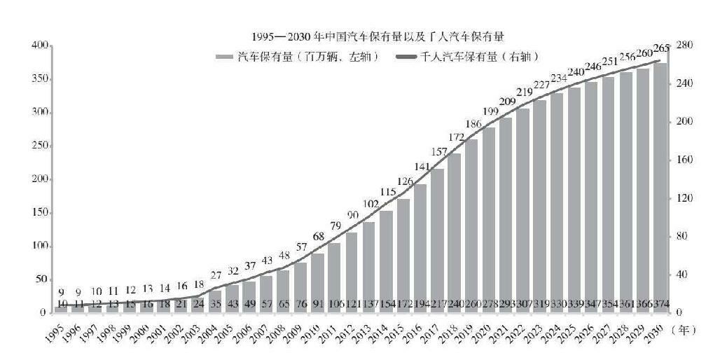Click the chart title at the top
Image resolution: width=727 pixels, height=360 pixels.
point(379,35)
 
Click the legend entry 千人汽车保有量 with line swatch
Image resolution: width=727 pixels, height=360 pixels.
point(470,57)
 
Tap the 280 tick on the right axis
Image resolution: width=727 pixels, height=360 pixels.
point(684,45)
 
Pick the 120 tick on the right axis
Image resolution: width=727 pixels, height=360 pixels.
point(684,198)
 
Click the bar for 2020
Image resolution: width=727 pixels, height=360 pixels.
point(489,219)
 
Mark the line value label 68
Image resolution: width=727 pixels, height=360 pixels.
point(318,237)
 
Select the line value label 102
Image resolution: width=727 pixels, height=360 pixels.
point(369,204)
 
